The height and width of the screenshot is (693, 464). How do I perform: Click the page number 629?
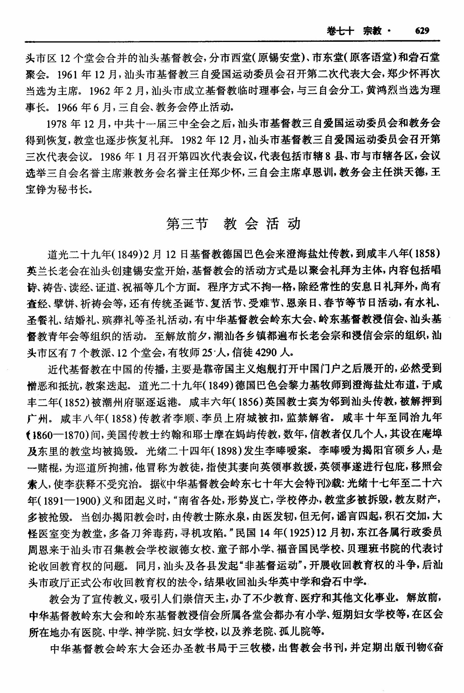tap(422, 31)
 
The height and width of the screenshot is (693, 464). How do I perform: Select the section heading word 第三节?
tap(187, 224)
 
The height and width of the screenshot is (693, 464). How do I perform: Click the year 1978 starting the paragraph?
tap(58, 123)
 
